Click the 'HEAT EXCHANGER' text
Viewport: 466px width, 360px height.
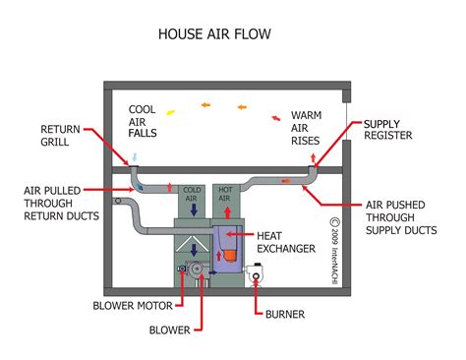tap(285, 242)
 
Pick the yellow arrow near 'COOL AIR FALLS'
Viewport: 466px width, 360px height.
tap(169, 112)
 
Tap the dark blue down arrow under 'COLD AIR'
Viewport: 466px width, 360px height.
tap(193, 210)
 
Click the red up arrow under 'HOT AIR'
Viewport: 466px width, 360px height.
tap(225, 210)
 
